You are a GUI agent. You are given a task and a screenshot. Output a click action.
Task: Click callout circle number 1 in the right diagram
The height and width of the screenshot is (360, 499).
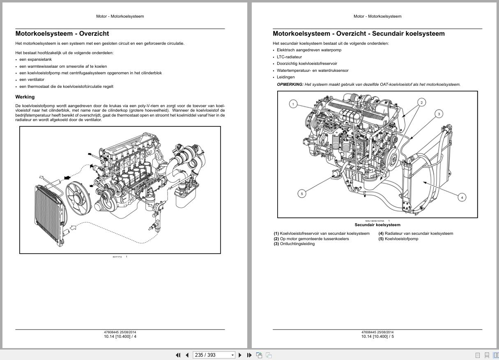click(293, 104)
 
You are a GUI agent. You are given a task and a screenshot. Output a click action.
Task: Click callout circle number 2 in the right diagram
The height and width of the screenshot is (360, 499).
click(421, 102)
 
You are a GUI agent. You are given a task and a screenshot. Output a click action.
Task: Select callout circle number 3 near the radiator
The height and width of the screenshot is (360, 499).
click(439, 114)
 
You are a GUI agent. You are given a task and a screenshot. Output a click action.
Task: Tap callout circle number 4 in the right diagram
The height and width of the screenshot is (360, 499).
click(462, 197)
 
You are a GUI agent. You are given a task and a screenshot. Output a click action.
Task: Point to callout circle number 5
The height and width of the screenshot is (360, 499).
click(302, 193)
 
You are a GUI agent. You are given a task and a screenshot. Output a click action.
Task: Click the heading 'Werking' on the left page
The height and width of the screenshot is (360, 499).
click(25, 97)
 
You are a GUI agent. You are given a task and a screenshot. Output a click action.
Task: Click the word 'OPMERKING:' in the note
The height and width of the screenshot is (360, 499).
click(290, 85)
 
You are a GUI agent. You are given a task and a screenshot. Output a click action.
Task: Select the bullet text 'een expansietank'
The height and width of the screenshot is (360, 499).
click(35, 60)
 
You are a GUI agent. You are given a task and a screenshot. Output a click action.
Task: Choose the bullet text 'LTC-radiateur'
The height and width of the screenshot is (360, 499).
click(289, 57)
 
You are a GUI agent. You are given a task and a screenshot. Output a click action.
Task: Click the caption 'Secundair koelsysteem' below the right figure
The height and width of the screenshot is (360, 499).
click(377, 225)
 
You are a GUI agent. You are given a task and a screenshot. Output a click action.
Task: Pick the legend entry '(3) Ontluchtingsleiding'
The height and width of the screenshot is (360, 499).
click(294, 244)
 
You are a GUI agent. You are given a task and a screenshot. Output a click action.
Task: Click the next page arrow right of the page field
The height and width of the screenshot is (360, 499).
click(240, 355)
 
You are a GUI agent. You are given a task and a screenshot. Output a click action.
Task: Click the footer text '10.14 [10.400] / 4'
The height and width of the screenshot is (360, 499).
click(120, 337)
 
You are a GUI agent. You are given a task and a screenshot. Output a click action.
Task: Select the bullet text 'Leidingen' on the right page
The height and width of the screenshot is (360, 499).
click(285, 77)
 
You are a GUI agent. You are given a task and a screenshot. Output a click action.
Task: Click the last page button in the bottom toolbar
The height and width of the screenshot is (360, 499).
click(249, 355)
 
